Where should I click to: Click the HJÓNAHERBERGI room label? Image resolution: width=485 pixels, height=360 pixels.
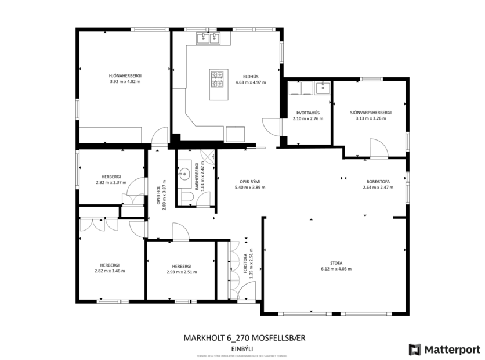[125, 75]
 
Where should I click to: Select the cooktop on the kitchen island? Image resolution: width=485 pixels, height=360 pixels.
[218, 80]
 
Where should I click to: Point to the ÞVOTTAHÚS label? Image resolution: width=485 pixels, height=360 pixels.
[308, 112]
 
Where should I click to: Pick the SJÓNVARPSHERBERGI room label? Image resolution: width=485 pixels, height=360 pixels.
[371, 112]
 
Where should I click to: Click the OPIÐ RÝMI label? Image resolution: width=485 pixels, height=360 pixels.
[250, 181]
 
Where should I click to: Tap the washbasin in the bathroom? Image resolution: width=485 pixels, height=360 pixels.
[185, 172]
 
